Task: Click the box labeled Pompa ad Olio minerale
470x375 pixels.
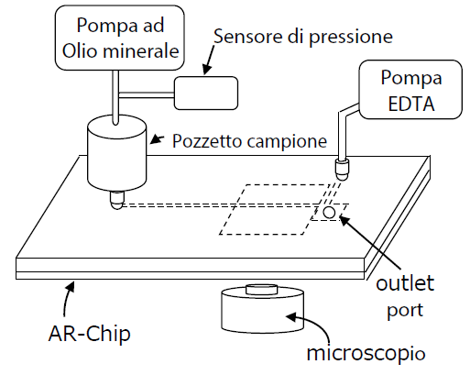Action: pos(120,38)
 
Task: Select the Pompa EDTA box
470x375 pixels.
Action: pos(410,90)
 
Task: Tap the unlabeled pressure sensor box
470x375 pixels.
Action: pos(206,93)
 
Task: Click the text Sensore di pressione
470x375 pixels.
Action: pos(303,37)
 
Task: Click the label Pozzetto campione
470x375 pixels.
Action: pos(249,141)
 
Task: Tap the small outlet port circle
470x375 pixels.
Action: pos(329,212)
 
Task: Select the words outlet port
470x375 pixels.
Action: pos(405,297)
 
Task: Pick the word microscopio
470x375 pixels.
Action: pos(366,354)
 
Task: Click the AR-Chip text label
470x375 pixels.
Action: pos(89,333)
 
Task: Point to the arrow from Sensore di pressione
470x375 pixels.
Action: pos(210,60)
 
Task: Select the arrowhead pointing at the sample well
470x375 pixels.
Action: pos(157,139)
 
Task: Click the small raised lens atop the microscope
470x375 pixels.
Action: pos(262,290)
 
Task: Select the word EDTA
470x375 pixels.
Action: pos(410,104)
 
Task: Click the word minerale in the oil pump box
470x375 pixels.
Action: pos(141,50)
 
